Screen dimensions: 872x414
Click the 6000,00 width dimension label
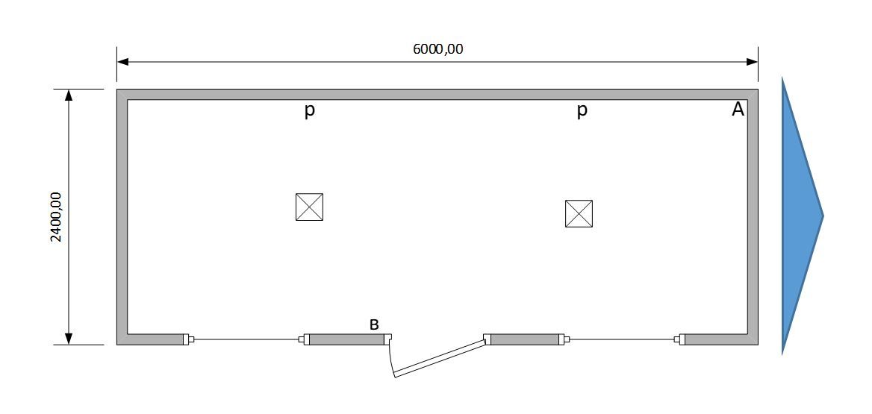pyautogui.click(x=437, y=49)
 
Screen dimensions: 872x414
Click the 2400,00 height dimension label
pyautogui.click(x=56, y=217)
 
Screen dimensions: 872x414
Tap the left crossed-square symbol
pyautogui.click(x=309, y=207)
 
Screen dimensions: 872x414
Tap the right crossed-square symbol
pyautogui.click(x=579, y=213)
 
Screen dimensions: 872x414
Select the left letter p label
pyautogui.click(x=309, y=110)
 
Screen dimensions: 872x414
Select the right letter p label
pyautogui.click(x=582, y=110)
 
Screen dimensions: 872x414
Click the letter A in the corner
pyautogui.click(x=738, y=110)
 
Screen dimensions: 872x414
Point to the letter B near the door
pyautogui.click(x=374, y=324)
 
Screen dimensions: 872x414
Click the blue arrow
pyautogui.click(x=801, y=216)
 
